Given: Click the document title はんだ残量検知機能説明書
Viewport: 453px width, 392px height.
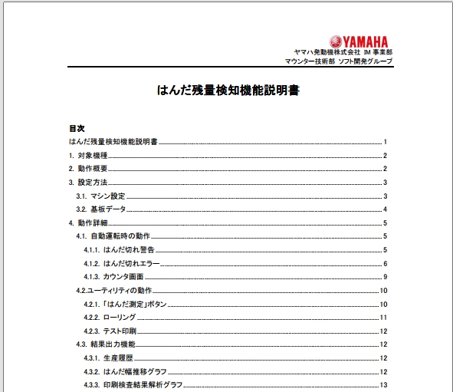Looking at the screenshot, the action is [x=228, y=91].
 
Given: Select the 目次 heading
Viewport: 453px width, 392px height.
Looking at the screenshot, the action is [x=76, y=128].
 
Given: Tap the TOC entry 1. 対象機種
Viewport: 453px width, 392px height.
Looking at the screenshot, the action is [x=87, y=155].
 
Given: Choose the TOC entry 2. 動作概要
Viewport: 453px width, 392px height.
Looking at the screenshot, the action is [x=87, y=168].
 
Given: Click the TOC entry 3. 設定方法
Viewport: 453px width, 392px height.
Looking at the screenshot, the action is [x=87, y=182].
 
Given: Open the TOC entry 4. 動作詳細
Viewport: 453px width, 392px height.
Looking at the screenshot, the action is [x=87, y=222].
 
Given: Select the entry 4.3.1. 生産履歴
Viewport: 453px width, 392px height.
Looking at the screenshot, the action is [x=110, y=358].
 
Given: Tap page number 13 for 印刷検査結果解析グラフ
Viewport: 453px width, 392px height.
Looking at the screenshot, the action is [x=383, y=384].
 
